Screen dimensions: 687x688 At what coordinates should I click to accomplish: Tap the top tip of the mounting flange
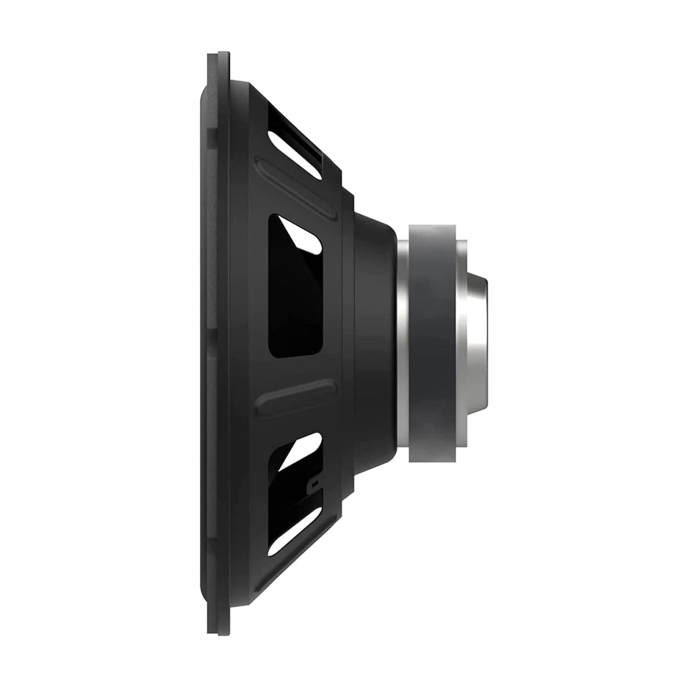tap(218, 54)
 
